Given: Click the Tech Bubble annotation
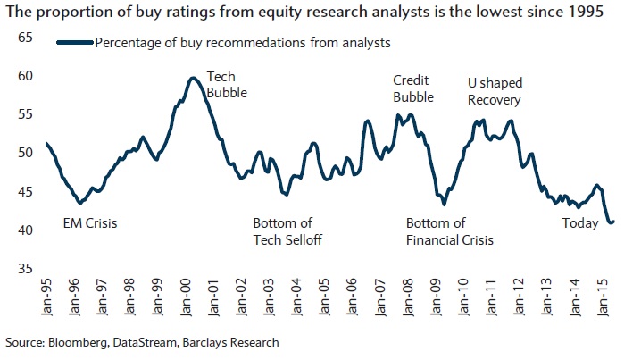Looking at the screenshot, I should tap(227, 85).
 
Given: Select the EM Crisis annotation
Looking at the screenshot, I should tap(90, 223).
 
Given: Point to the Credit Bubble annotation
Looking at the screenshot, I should tap(413, 88).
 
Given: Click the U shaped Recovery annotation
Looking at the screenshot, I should tap(495, 90).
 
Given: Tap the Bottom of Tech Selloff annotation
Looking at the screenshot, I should tap(287, 231).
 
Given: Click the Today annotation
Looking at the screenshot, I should tap(580, 223).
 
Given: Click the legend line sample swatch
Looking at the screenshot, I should tap(75, 42).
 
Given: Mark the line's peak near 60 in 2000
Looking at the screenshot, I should tap(192, 78).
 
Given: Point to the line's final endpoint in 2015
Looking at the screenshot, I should tap(612, 222).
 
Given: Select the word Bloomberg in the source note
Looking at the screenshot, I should tap(77, 342).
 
